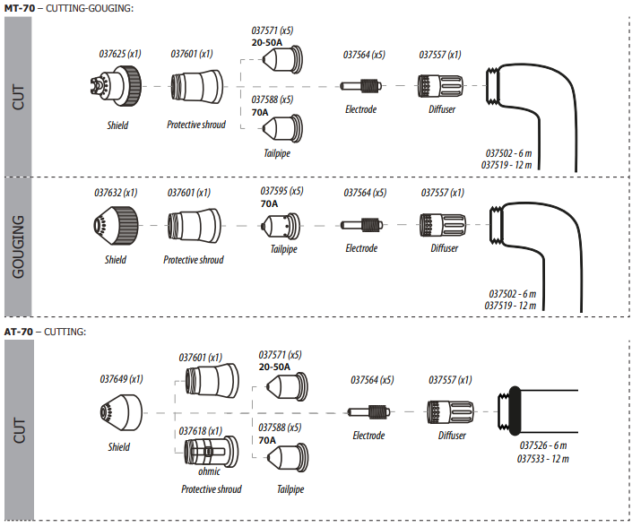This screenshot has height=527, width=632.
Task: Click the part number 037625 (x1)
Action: pyautogui.click(x=120, y=54)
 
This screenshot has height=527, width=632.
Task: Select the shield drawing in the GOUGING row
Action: pyautogui.click(x=116, y=226)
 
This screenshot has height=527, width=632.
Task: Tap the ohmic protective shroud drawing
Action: pyautogui.click(x=211, y=452)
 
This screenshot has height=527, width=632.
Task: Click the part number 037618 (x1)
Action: pyautogui.click(x=200, y=431)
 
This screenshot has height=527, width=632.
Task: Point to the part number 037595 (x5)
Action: pyautogui.click(x=281, y=191)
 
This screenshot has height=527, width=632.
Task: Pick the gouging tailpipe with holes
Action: pyautogui.click(x=281, y=226)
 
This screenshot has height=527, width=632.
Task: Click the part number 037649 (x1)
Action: pyautogui.click(x=121, y=379)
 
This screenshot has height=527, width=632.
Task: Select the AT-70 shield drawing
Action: pyautogui.click(x=121, y=412)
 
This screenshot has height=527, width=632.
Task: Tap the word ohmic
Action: pyautogui.click(x=209, y=471)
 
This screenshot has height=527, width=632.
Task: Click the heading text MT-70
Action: pyautogui.click(x=20, y=8)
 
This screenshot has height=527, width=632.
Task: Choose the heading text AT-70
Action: pyautogui.click(x=19, y=332)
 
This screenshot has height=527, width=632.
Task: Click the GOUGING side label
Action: pyautogui.click(x=18, y=246)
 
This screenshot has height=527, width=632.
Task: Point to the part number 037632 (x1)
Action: pyautogui.click(x=116, y=193)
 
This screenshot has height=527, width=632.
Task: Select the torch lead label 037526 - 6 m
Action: pyautogui.click(x=543, y=445)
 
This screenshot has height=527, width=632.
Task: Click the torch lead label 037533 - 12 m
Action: pyautogui.click(x=543, y=459)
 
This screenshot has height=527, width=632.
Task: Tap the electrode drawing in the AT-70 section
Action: pyautogui.click(x=368, y=412)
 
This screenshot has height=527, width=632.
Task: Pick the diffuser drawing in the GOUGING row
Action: pyautogui.click(x=443, y=225)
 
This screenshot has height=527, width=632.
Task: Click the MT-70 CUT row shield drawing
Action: pyautogui.click(x=116, y=86)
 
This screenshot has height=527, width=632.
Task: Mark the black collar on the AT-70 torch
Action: pyautogui.click(x=515, y=410)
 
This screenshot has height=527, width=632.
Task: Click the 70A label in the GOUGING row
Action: pyautogui.click(x=269, y=203)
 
